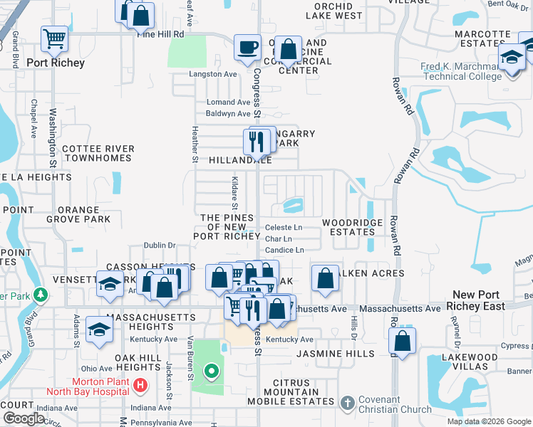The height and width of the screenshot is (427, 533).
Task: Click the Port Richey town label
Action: coord(56,63)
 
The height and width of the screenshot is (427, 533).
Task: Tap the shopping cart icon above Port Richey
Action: coord(54,39)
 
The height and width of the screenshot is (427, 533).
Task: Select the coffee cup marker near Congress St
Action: coord(247,48)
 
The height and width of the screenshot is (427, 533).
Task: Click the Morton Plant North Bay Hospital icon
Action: coord(140,385)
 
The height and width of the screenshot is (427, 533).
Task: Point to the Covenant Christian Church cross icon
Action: coord(347,404)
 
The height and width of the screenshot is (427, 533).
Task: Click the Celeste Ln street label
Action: coord(284,228)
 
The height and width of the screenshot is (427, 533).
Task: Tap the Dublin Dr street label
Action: coord(160,245)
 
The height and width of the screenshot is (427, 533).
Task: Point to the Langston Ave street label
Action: coord(212,74)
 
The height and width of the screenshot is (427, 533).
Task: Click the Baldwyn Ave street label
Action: coord(228,114)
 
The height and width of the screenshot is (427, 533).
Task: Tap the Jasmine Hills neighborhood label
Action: coord(335,354)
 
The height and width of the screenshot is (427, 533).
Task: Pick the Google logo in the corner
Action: coord(24,418)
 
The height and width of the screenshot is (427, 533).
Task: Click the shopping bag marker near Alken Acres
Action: coord(325,279)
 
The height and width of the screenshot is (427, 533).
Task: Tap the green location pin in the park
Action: coord(211,370)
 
